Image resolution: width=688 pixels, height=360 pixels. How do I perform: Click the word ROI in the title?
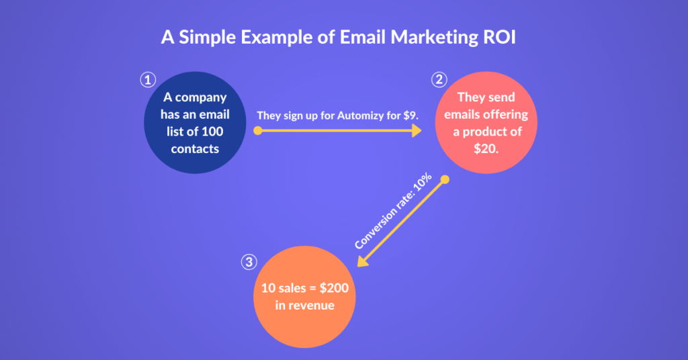[499, 37]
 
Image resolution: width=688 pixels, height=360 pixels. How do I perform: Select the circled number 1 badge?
[148, 80]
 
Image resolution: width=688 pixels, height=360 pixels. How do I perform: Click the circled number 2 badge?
[439, 80]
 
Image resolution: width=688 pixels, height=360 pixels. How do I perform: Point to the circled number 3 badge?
[249, 262]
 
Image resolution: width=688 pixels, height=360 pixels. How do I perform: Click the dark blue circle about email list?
[195, 123]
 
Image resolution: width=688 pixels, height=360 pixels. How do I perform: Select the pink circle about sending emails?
[486, 123]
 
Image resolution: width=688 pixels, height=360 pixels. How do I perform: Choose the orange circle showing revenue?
[304, 297]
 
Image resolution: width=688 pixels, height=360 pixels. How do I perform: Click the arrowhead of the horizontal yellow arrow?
[417, 130]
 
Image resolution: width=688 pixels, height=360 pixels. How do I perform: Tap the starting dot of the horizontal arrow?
[258, 130]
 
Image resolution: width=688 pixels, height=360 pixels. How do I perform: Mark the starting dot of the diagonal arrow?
[445, 179]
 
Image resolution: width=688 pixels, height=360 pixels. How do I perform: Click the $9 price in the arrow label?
[411, 116]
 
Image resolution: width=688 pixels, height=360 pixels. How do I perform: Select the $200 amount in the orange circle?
[334, 288]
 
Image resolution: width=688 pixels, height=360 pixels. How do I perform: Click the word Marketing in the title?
[435, 38]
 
